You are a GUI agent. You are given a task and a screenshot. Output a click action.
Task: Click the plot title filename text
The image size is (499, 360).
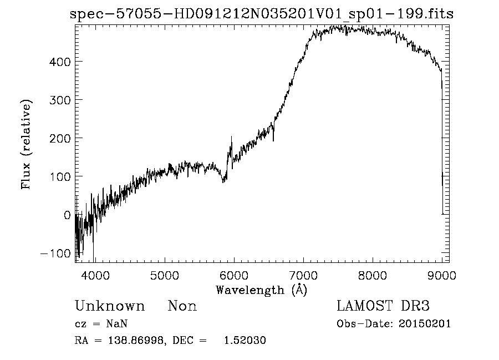point(262,14)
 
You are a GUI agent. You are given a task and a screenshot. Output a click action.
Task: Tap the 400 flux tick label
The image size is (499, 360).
point(59,61)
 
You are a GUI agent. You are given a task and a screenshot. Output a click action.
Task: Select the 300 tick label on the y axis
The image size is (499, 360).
point(59,99)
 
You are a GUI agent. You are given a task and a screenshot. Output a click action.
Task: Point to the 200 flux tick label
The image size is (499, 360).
point(59,138)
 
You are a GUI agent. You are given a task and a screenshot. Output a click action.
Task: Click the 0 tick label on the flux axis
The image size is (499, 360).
point(67,215)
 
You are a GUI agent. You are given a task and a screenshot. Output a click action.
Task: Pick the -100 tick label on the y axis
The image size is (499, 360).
point(55,253)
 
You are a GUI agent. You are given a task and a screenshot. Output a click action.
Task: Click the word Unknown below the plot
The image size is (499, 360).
point(110,306)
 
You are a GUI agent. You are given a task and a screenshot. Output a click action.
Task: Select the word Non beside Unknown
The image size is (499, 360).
point(182,306)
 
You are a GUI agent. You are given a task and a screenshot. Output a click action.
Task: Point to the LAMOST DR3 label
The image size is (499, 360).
point(383,306)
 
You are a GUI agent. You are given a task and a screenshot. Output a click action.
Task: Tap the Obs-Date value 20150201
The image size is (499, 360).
point(427,324)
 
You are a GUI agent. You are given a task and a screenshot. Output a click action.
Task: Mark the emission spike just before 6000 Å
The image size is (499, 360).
point(231,138)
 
